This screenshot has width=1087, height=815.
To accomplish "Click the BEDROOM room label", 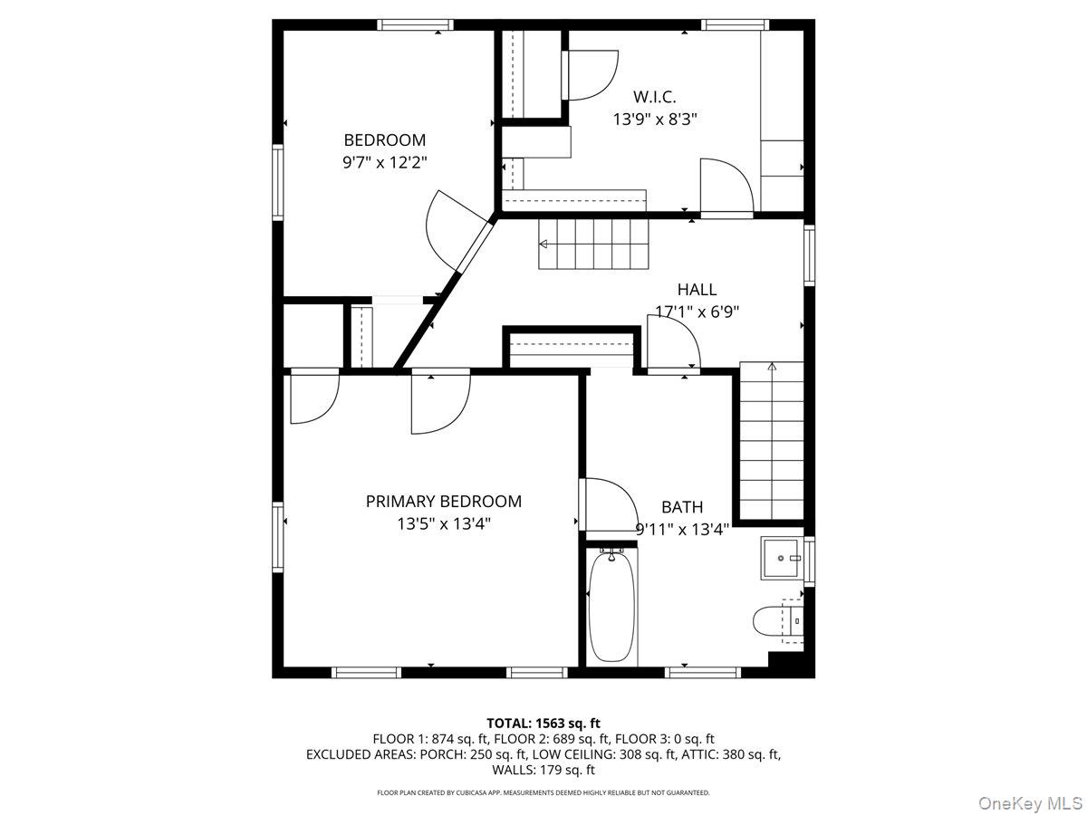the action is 384,140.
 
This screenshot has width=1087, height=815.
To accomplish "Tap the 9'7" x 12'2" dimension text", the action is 384,162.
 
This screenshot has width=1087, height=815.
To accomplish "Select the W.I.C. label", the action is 654,97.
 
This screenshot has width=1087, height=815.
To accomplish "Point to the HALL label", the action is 697,290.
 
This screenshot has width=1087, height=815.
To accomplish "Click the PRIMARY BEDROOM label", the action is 443,502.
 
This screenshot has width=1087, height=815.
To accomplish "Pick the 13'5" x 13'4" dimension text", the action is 443,523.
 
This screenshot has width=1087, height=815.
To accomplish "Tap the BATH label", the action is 682,507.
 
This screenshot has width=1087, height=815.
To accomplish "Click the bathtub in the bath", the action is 611,607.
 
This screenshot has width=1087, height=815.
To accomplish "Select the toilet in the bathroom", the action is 777,621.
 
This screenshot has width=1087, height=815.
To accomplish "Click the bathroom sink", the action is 782,559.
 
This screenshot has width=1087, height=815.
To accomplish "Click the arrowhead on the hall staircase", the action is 543,244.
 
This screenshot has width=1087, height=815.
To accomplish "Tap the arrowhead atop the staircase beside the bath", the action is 772,367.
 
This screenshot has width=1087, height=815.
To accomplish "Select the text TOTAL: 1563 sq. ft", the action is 543,724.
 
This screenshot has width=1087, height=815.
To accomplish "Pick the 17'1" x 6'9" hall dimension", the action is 697,312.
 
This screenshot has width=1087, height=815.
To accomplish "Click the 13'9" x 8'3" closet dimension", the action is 655,120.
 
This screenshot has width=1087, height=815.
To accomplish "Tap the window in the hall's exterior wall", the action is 809,255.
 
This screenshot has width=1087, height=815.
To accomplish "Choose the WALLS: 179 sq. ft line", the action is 543,770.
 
